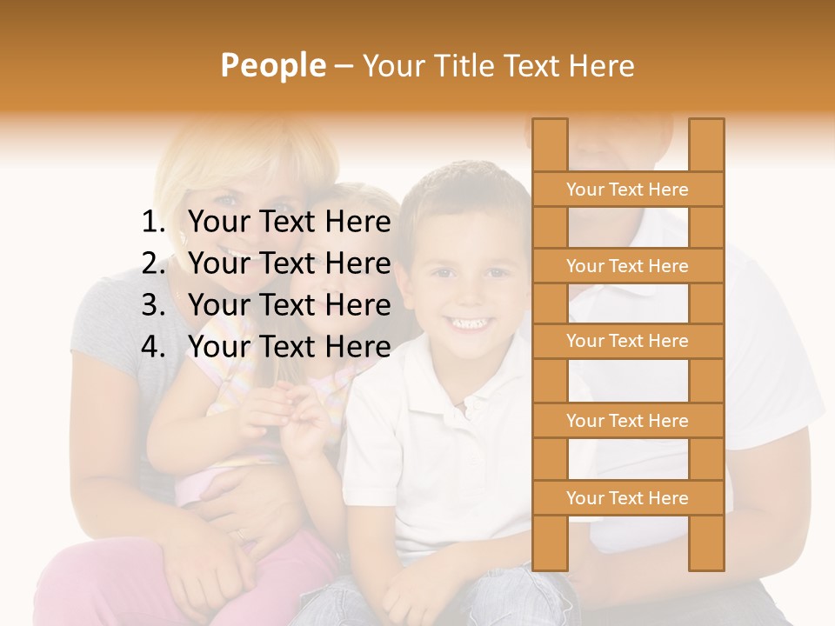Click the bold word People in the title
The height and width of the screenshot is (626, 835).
[x=272, y=66]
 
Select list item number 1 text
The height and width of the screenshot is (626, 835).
[x=289, y=223]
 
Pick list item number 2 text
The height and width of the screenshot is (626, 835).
[x=289, y=263]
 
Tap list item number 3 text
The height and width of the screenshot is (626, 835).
[x=289, y=305]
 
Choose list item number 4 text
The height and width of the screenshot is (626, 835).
[x=289, y=347]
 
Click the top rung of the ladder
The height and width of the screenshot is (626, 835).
[x=627, y=190]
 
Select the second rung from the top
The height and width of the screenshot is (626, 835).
[x=627, y=266]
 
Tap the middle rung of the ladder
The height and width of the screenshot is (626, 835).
[x=627, y=342]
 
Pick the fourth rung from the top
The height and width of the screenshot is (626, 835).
[x=627, y=421]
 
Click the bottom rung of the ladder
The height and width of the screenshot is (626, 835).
[x=627, y=498]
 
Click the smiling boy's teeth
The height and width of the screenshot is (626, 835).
[x=468, y=324]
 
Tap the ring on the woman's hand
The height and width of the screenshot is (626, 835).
[x=238, y=536]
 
